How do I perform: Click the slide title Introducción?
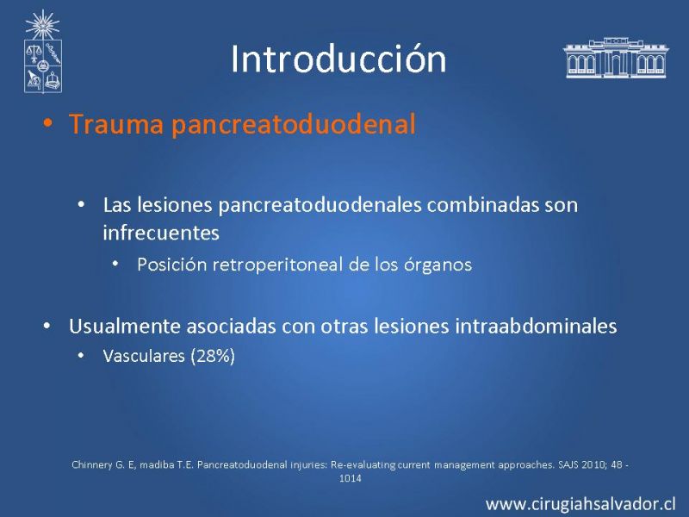pyautogui.click(x=338, y=59)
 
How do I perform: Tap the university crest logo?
pyautogui.click(x=42, y=52)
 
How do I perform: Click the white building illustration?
pyautogui.click(x=616, y=58)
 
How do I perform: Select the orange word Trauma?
pyautogui.click(x=116, y=124)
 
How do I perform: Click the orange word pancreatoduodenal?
pyautogui.click(x=294, y=124)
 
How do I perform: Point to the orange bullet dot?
pyautogui.click(x=47, y=123)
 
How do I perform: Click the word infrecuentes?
pyautogui.click(x=161, y=233)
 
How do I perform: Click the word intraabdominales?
pyautogui.click(x=536, y=327)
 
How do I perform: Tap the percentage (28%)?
pyautogui.click(x=213, y=356)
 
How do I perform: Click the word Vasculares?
pyautogui.click(x=144, y=356)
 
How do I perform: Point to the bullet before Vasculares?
pyautogui.click(x=81, y=355)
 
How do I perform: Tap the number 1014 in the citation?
pyautogui.click(x=351, y=478)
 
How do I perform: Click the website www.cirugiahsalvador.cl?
pyautogui.click(x=580, y=504)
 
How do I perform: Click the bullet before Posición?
pyautogui.click(x=115, y=264)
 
